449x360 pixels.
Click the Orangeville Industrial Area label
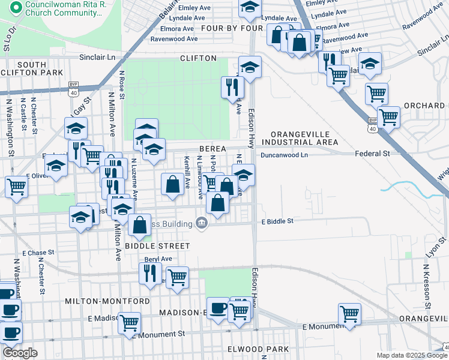[304, 138]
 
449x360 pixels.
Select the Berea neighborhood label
[212, 149]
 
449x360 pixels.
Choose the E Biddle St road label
[277, 221]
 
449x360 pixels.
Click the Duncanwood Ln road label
[283, 154]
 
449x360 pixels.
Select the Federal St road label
[372, 154]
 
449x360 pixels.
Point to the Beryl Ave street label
[158, 259]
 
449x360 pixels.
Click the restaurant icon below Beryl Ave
[149, 273]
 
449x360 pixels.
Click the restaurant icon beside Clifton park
[231, 87]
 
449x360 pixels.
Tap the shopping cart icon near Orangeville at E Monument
[349, 313]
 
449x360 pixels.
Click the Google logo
[20, 353]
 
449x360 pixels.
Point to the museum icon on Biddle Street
[201, 224]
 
